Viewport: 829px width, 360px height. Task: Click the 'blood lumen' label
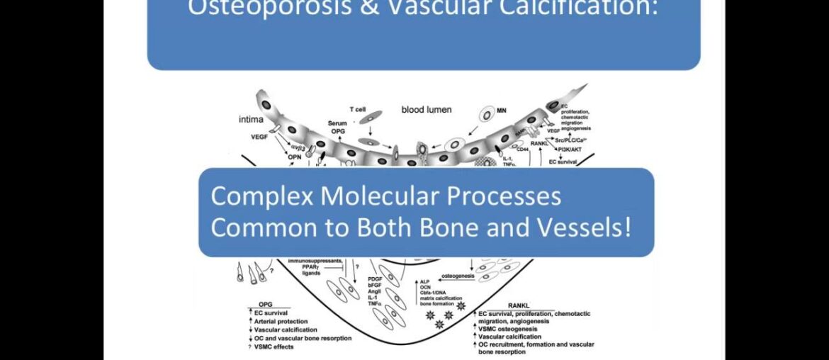point(427,110)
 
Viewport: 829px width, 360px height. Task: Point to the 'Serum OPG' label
point(337,128)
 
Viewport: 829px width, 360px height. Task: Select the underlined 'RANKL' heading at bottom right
point(521,305)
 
